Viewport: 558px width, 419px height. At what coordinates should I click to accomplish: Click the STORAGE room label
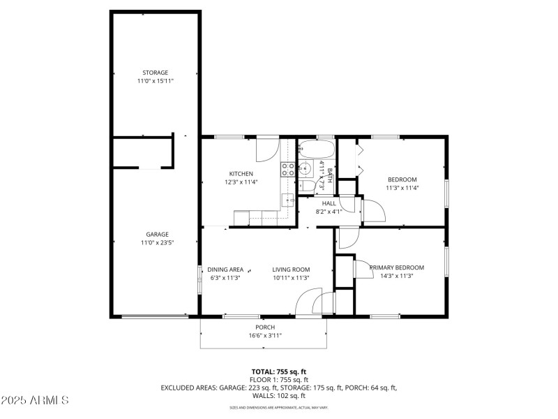155,73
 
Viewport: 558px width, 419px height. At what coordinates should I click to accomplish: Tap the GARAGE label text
157,235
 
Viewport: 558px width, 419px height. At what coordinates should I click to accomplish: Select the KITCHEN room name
241,174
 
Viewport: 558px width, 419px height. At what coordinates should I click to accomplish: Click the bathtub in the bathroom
316,149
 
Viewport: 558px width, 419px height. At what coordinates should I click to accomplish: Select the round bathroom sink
306,168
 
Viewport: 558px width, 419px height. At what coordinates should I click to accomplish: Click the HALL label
329,203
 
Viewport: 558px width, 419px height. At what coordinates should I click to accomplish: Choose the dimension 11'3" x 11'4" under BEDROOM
402,187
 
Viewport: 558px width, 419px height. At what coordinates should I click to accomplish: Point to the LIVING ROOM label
291,270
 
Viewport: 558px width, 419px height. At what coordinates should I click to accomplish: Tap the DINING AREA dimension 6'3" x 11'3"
225,277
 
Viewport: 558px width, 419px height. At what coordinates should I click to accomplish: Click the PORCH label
264,327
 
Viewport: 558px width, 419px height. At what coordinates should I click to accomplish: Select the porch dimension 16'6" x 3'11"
264,335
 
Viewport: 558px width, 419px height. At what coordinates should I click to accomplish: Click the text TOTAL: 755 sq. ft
279,372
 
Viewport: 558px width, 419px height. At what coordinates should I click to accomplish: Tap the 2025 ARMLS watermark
35,400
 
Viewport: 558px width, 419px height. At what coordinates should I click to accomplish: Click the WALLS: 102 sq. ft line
279,395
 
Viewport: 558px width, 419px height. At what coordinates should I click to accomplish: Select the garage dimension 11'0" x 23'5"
157,242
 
